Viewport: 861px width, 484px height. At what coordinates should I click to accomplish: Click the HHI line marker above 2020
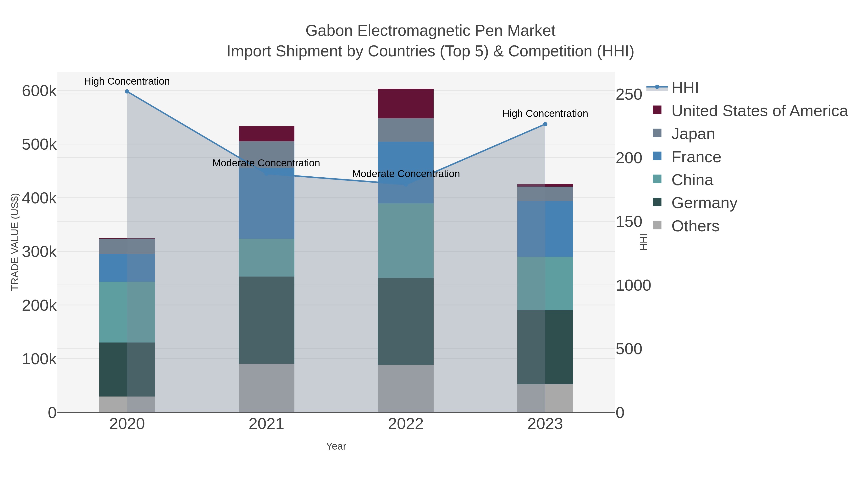tap(127, 92)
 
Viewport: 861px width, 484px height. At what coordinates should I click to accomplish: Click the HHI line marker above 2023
tap(545, 124)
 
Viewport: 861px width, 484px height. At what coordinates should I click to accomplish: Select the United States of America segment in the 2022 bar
tap(405, 103)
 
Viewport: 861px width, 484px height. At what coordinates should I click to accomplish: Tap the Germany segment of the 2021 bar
tap(266, 320)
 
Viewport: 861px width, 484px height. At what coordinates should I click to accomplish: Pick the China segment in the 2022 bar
tap(405, 240)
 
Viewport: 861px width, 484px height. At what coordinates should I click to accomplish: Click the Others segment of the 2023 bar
tap(545, 398)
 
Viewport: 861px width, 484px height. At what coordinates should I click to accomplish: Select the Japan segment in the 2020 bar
tap(127, 246)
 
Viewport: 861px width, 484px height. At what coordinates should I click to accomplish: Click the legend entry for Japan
tap(693, 134)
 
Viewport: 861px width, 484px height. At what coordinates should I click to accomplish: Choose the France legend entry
tap(696, 157)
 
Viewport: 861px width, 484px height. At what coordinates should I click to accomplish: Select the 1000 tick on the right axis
tap(633, 286)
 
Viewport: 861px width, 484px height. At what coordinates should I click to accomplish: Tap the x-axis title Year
tap(336, 446)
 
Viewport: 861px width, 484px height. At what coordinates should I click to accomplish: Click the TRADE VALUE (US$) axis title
tap(15, 242)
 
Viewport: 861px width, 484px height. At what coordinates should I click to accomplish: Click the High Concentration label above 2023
tap(545, 114)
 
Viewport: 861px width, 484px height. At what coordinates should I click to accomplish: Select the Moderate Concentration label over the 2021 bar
tap(266, 163)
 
